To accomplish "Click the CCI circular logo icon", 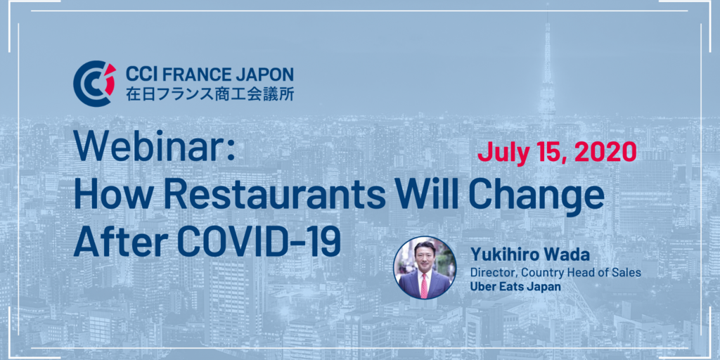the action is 94,84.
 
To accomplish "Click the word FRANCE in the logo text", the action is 188,75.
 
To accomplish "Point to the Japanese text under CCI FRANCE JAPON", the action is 210,94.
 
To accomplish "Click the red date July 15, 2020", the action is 557,152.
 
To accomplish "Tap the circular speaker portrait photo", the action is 425,268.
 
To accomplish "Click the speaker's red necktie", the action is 424,284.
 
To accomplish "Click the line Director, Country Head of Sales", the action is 555,272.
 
